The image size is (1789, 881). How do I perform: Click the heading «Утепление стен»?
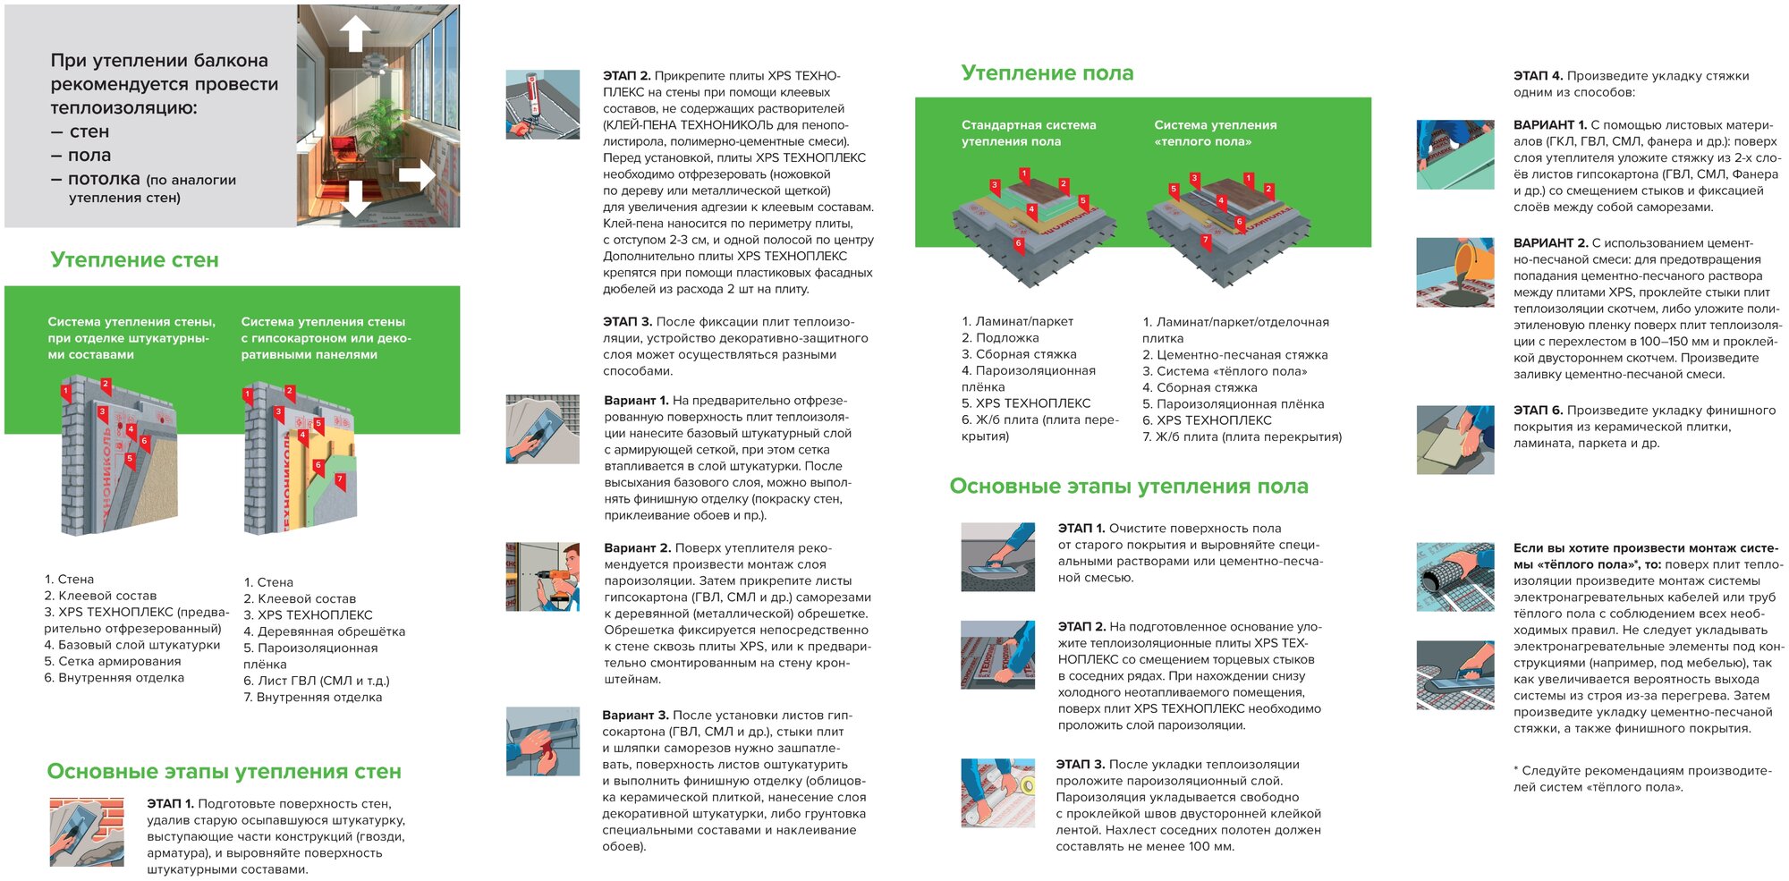click(x=134, y=260)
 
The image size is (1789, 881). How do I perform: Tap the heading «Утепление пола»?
click(x=1047, y=73)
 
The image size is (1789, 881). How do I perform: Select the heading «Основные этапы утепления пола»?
click(x=1128, y=487)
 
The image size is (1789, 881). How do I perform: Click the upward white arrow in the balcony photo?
click(x=355, y=34)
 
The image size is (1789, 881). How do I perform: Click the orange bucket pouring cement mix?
click(x=1472, y=260)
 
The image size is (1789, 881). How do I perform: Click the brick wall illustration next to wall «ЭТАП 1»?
click(x=86, y=833)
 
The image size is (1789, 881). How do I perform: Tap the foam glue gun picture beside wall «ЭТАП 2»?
click(x=542, y=105)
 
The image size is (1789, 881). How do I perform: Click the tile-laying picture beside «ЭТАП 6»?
click(x=1455, y=440)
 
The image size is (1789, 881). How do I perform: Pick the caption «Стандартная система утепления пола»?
click(x=1028, y=133)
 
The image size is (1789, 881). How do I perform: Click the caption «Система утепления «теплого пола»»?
click(x=1215, y=133)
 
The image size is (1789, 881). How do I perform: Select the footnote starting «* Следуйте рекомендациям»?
click(x=1641, y=778)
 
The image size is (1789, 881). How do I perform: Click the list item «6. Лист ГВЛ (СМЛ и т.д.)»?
click(x=317, y=681)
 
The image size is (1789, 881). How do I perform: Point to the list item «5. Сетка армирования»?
click(x=113, y=661)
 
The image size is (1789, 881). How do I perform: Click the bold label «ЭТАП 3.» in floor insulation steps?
click(x=1081, y=765)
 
